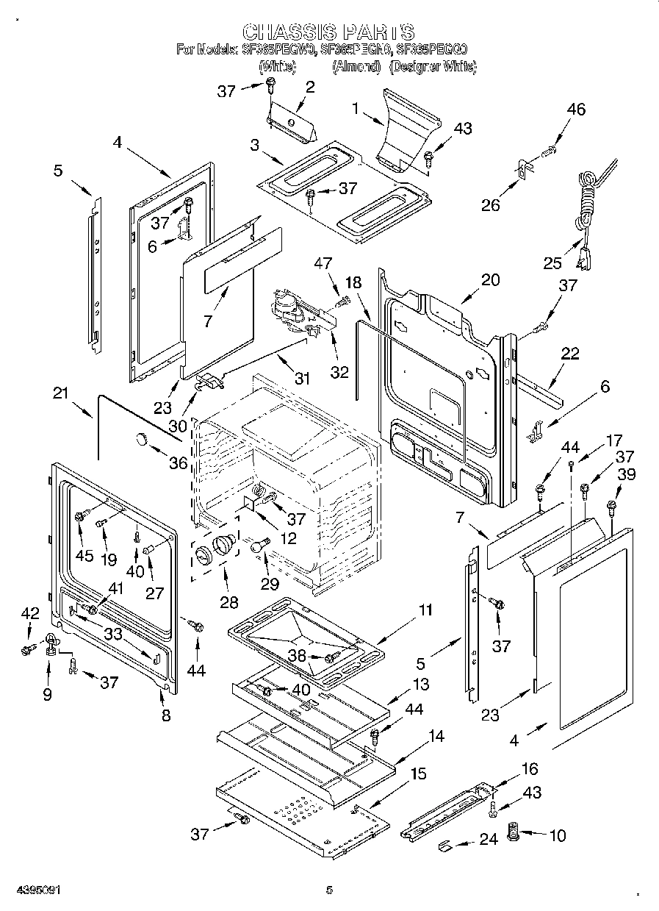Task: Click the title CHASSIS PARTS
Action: (328, 32)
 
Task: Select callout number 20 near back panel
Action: (490, 279)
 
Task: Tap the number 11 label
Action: (425, 610)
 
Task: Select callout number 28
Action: (229, 602)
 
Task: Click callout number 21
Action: (61, 393)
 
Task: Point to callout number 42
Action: (29, 613)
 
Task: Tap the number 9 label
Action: (48, 693)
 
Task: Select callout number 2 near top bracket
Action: (309, 87)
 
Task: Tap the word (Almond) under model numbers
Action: (356, 67)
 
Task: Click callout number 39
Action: (625, 476)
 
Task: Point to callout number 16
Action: (529, 770)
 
